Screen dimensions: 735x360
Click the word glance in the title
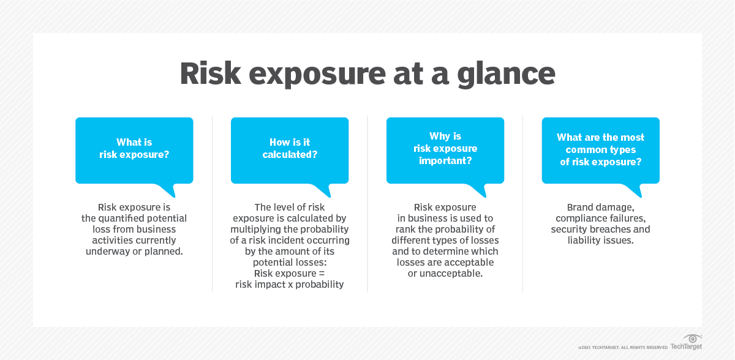pyautogui.click(x=506, y=75)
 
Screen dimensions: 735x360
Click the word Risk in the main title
pyautogui.click(x=210, y=73)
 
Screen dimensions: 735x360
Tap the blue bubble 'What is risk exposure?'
pyautogui.click(x=134, y=151)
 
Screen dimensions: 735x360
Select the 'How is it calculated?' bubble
pyautogui.click(x=290, y=151)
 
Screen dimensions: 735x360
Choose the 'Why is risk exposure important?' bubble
pyautogui.click(x=445, y=151)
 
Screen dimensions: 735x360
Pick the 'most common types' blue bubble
pyautogui.click(x=600, y=151)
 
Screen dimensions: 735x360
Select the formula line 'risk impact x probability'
pyautogui.click(x=289, y=284)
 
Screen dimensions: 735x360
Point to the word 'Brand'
pyautogui.click(x=580, y=207)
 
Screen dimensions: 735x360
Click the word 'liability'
pyautogui.click(x=584, y=241)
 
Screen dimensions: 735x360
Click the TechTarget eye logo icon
pyautogui.click(x=692, y=339)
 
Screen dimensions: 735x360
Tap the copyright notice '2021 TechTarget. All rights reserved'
pyautogui.click(x=623, y=348)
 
